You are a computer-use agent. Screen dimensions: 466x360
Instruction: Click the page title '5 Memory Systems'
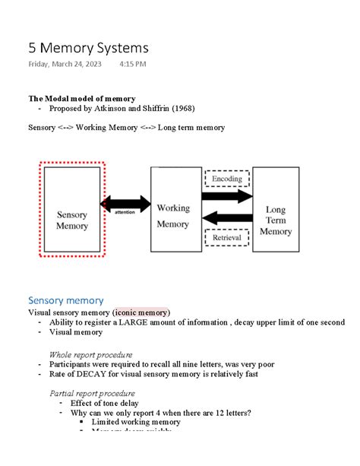[88, 48]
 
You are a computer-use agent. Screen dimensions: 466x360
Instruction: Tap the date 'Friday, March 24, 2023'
[65, 65]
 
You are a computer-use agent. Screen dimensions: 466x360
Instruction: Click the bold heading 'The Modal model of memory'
[82, 99]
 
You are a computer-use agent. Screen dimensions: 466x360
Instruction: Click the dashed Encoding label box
[227, 179]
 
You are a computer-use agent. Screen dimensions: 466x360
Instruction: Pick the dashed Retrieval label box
[227, 237]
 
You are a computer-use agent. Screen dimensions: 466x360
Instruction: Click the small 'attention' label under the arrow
[125, 213]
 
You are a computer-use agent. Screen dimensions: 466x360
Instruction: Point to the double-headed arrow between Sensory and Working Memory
[126, 203]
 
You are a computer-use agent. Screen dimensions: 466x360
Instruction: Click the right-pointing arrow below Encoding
[228, 196]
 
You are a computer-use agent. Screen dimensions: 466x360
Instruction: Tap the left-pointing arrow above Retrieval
[228, 219]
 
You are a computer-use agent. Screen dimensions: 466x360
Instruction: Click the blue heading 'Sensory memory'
[66, 300]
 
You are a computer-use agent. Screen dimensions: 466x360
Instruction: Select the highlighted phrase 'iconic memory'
[142, 312]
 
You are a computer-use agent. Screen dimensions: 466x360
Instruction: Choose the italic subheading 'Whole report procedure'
[90, 354]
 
